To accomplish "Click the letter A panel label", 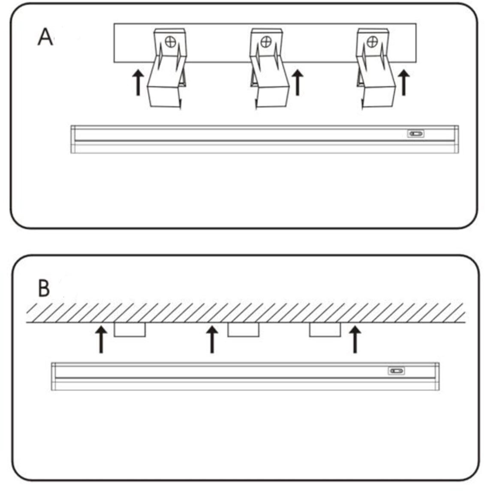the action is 45,37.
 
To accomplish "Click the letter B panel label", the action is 44,288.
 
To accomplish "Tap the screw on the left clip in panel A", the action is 171,42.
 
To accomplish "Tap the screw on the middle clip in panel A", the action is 266,42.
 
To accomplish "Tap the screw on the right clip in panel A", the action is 372,42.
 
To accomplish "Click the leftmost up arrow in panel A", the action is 138,83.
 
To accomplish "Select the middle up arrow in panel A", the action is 298,83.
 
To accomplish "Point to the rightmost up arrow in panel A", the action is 404,83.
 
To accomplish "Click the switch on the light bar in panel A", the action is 416,134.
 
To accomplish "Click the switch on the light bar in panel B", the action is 396,371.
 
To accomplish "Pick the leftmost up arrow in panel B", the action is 101,339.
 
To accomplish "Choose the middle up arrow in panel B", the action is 212,339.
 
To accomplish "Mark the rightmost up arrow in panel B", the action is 355,339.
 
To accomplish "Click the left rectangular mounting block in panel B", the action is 130,330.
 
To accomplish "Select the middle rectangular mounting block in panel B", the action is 243,330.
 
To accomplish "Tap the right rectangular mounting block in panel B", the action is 325,330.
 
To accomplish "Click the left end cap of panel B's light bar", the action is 54,376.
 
